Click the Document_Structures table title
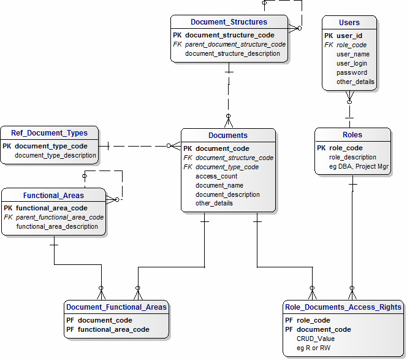[229, 22]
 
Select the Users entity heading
[349, 22]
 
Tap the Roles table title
[352, 134]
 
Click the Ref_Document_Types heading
[49, 133]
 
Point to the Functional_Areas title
[53, 195]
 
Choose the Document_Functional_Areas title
[116, 307]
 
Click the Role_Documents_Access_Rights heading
[343, 307]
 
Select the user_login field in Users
[352, 63]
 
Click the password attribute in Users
[352, 72]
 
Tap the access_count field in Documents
[216, 176]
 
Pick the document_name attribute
[219, 185]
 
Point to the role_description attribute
[352, 157]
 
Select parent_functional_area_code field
[59, 217]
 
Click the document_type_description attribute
[55, 155]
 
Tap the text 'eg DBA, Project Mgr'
[359, 166]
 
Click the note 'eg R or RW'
[314, 348]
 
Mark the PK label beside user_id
[329, 36]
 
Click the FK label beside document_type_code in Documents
[188, 167]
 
